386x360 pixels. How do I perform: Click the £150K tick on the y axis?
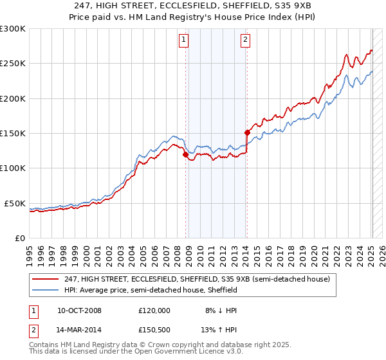point(13,134)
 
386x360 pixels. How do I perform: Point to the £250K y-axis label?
point(13,64)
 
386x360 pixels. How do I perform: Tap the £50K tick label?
point(15,203)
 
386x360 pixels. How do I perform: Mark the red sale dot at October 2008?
point(186,155)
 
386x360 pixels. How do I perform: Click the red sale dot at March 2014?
point(247,133)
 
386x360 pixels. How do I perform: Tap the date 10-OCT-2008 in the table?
point(79,310)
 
